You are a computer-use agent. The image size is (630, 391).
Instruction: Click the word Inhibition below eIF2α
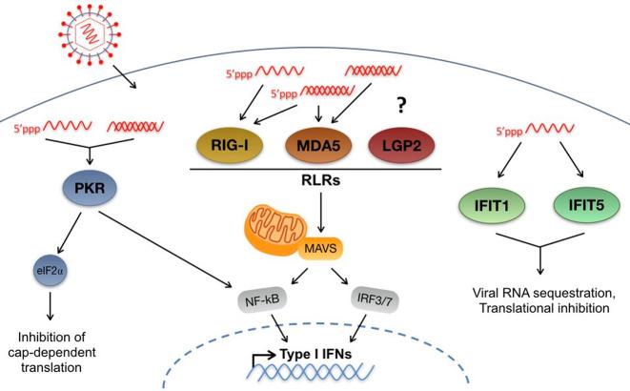click(57, 336)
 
